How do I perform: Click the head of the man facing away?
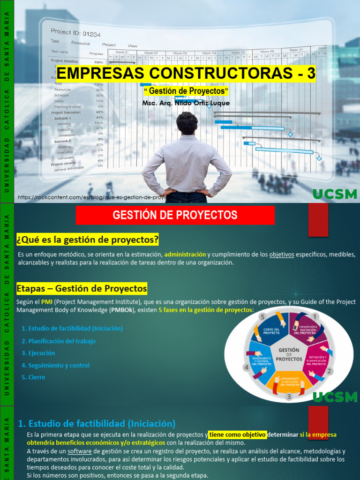(x=187, y=123)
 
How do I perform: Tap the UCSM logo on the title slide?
(x=335, y=194)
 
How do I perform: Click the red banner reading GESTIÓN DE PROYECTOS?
(x=175, y=215)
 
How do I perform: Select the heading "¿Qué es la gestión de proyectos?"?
(x=88, y=240)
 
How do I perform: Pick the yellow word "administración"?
(x=185, y=254)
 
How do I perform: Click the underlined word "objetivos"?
(x=281, y=254)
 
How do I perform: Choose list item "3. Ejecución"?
(x=38, y=353)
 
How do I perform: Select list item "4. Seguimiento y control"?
(x=55, y=365)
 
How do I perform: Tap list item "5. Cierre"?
(x=33, y=377)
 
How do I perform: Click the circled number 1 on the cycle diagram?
(x=315, y=317)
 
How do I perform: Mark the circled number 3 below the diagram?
(x=289, y=397)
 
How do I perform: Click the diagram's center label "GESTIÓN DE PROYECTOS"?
(x=289, y=354)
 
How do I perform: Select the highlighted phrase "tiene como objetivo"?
(x=238, y=434)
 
